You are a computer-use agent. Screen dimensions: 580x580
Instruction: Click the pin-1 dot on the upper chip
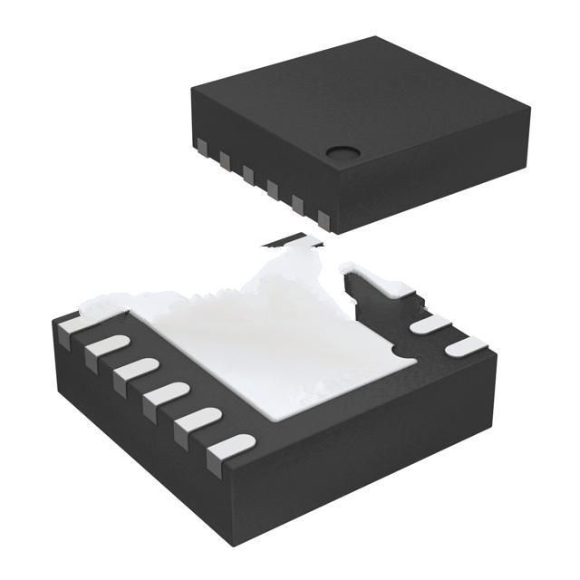[342, 155]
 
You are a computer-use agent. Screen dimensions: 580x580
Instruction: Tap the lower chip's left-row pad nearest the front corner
[231, 447]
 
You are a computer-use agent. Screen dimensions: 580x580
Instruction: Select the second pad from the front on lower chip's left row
[201, 418]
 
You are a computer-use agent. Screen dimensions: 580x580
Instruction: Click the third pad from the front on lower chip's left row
[165, 392]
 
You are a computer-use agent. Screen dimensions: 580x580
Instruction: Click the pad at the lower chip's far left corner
[73, 325]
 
